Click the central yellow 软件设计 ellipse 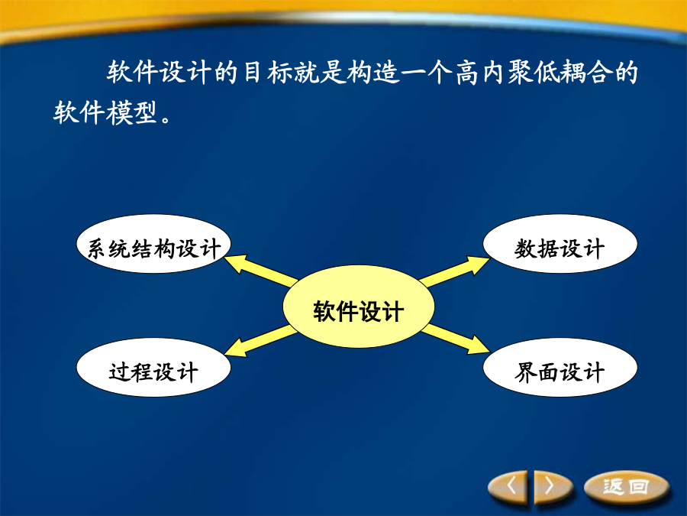pyautogui.click(x=359, y=307)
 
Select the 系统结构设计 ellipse pyautogui.click(x=153, y=244)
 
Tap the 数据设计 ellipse pyautogui.click(x=560, y=244)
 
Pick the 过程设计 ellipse pyautogui.click(x=153, y=368)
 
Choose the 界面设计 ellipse pyautogui.click(x=560, y=368)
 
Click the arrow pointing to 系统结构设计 pyautogui.click(x=261, y=270)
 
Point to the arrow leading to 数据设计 pyautogui.click(x=454, y=271)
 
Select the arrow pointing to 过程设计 pyautogui.click(x=261, y=341)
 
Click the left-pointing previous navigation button pyautogui.click(x=510, y=487)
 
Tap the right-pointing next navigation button pyautogui.click(x=551, y=487)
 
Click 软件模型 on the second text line pyautogui.click(x=105, y=112)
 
